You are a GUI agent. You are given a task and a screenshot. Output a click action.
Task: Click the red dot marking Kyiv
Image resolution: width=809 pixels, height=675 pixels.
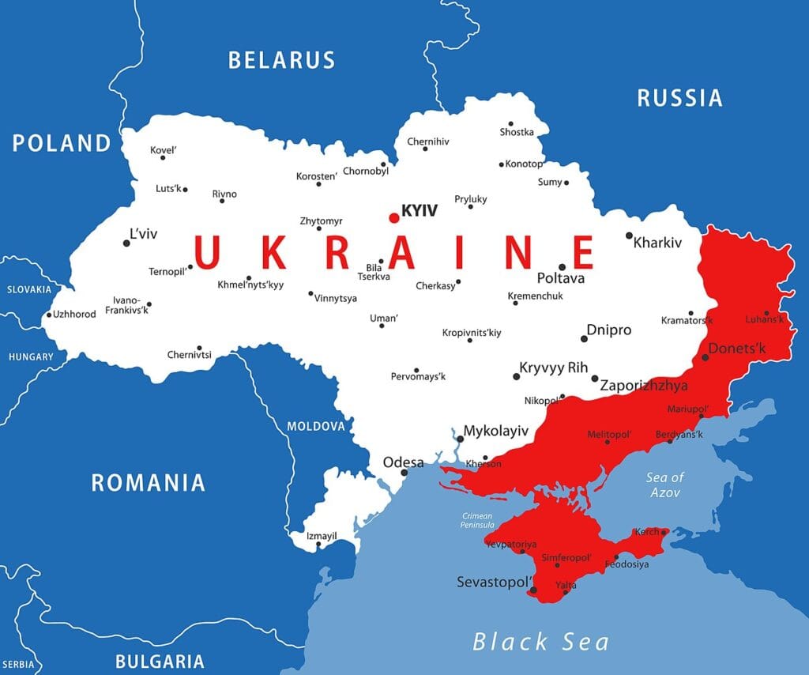coord(394,217)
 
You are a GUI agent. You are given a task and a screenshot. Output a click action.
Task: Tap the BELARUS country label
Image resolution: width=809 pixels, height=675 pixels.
coord(281,60)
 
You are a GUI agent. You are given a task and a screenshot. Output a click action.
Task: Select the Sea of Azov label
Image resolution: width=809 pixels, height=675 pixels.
coord(664,485)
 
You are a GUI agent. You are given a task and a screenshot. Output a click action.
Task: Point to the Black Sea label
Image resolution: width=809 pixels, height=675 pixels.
coord(540,641)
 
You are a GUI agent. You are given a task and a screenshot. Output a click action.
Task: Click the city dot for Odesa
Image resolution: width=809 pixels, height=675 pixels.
coord(404,473)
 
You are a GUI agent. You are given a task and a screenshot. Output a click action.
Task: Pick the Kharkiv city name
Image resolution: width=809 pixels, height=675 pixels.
coord(657,243)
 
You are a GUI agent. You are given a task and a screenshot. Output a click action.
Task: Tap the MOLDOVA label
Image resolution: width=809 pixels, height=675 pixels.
coord(316,426)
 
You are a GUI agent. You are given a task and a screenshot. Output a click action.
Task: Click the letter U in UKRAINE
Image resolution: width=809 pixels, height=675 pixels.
coord(205,253)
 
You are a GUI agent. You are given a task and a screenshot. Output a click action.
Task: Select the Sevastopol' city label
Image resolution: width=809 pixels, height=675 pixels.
coord(491,582)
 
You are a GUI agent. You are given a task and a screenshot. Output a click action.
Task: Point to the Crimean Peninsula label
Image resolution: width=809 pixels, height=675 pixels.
coord(478,520)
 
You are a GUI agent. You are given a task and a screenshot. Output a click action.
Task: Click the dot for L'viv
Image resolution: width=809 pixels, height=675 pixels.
coord(126,243)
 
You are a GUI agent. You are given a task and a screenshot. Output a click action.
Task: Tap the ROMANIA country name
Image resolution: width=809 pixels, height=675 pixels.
coord(148,482)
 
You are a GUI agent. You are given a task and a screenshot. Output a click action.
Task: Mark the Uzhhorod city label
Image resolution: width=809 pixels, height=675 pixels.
coord(74,315)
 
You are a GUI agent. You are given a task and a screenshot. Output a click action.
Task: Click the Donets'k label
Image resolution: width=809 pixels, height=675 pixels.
coord(737,348)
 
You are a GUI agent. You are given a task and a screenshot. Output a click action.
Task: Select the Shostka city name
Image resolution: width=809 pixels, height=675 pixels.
coord(517,132)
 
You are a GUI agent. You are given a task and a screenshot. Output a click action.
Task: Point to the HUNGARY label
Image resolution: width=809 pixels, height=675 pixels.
coord(31,356)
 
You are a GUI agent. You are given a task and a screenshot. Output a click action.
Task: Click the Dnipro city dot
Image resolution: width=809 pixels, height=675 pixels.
coord(584,338)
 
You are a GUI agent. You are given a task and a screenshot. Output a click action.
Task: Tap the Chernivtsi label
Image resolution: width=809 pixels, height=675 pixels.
coord(189,355)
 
